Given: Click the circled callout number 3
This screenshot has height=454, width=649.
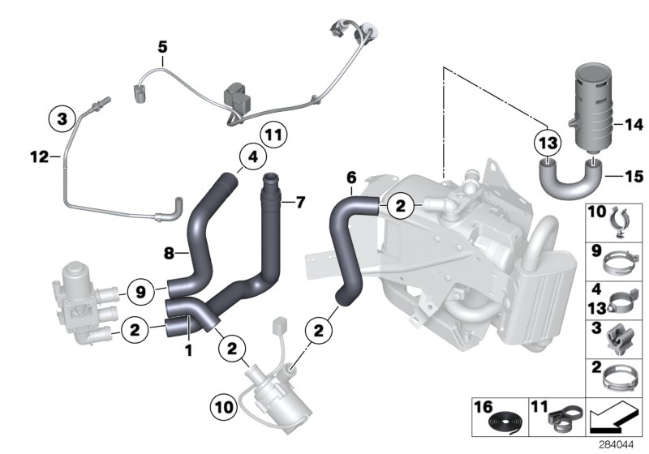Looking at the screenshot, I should click(60, 119).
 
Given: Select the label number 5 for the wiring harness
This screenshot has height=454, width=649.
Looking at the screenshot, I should click(162, 48).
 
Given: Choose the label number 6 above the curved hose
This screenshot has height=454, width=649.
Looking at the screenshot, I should click(350, 177).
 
